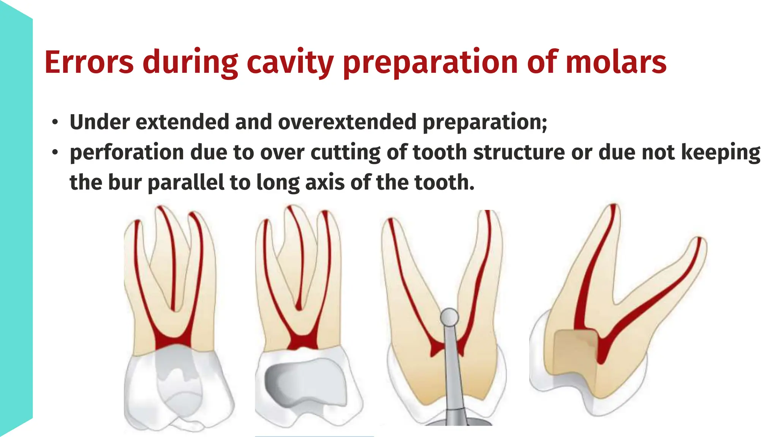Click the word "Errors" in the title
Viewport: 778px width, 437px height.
[x=89, y=62]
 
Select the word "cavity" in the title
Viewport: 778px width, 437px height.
[x=290, y=63]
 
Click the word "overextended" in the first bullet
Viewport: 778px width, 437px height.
[x=347, y=122]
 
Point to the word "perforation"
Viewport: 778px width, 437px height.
[x=127, y=152]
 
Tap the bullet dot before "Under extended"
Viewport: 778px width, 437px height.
[x=55, y=123]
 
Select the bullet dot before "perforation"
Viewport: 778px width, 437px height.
[x=55, y=153]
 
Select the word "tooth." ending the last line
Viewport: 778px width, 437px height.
[x=444, y=182]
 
